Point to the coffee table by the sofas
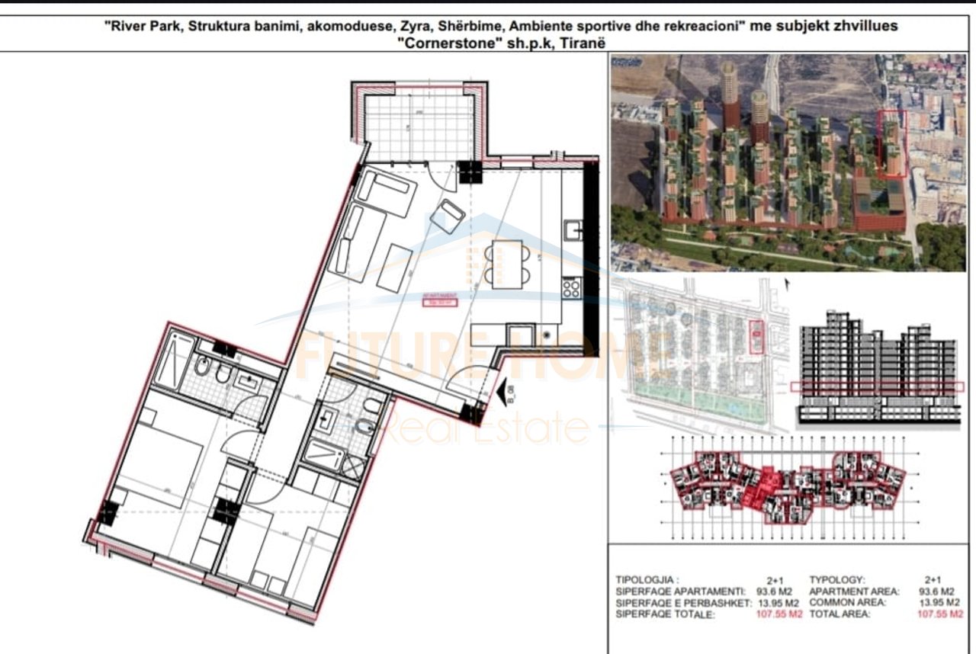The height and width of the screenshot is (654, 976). click(394, 268)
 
